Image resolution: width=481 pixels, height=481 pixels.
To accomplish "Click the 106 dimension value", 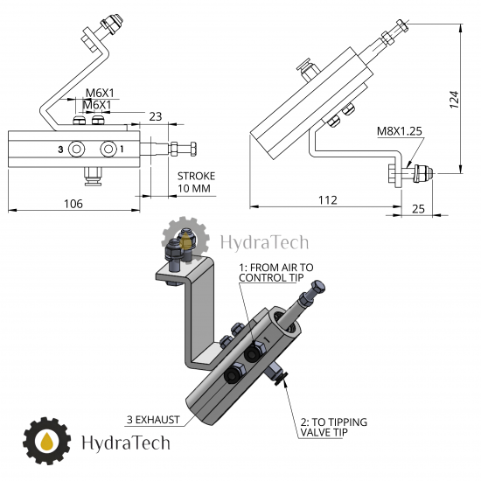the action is [x=73, y=204].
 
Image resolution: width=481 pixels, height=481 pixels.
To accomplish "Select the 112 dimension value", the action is [x=328, y=200].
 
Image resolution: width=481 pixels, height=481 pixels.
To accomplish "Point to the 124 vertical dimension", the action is [x=454, y=100].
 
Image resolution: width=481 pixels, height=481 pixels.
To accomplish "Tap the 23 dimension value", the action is [x=156, y=116].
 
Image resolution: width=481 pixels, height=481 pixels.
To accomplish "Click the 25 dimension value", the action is [x=418, y=209].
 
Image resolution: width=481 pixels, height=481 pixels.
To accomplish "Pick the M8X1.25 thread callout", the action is [x=400, y=131].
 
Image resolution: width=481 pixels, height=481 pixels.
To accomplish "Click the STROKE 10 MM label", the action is [x=196, y=182].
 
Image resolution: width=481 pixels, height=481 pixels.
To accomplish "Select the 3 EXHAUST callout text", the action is [x=153, y=420].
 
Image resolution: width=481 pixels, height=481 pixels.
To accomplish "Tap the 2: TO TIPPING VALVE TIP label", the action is [x=334, y=427].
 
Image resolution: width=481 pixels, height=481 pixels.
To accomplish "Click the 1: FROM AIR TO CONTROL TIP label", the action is [x=276, y=272].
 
